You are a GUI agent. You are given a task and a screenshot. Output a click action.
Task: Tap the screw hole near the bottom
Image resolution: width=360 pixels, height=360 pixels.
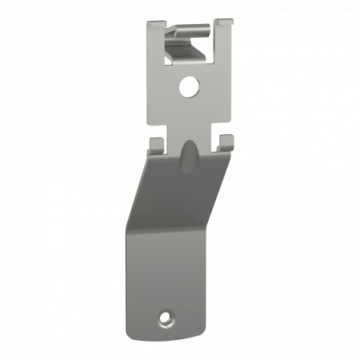(166, 317)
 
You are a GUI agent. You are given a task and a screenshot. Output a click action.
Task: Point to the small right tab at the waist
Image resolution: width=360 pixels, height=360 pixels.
(227, 142)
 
